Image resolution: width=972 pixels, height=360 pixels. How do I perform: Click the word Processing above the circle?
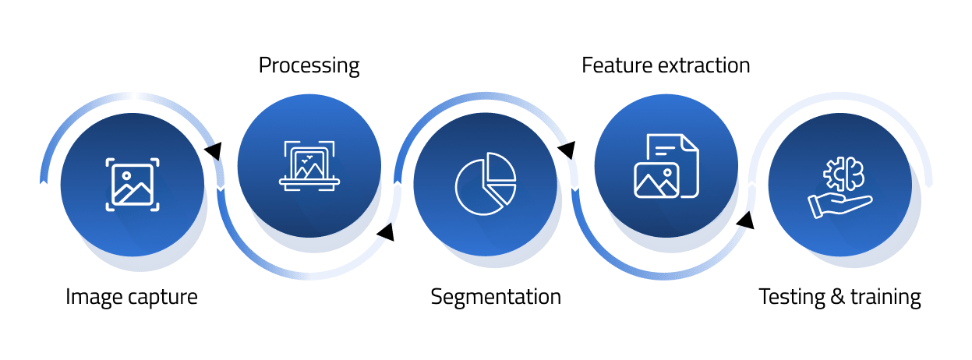(309, 65)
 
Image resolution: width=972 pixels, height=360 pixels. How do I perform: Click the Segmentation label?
(496, 297)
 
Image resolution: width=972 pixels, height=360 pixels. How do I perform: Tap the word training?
(885, 297)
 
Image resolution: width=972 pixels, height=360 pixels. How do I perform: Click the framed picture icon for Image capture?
(133, 185)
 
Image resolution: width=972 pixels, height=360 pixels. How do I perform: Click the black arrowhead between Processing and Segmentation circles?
(385, 231)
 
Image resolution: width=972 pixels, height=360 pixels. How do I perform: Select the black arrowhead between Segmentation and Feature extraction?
(567, 149)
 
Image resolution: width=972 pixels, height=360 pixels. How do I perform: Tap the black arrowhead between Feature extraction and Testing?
(745, 221)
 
